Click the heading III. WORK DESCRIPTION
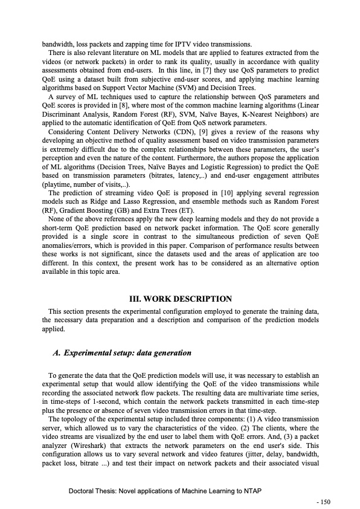[181, 299]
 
